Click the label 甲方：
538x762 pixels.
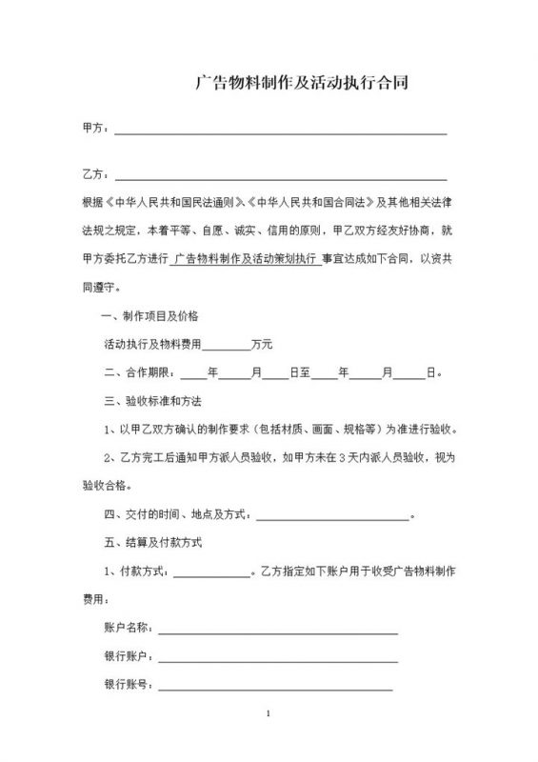(96, 128)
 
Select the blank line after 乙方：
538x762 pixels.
(280, 174)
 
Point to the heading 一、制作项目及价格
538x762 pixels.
(150, 315)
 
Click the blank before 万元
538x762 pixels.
(226, 344)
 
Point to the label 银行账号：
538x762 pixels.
(128, 685)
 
